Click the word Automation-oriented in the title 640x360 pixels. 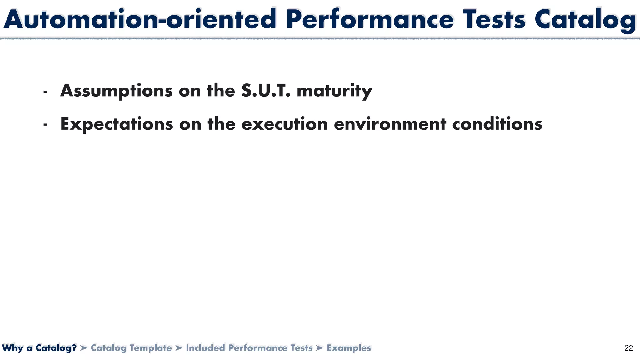click(140, 19)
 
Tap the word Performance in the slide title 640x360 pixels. click(369, 19)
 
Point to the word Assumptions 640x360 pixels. click(116, 91)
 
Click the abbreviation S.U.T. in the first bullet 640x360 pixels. click(266, 91)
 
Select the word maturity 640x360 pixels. click(334, 91)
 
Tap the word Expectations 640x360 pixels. click(117, 124)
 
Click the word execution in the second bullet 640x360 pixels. click(284, 124)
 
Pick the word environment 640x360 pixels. click(390, 124)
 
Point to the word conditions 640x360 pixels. click(497, 124)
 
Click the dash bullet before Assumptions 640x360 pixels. click(46, 92)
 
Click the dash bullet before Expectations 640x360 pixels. click(46, 125)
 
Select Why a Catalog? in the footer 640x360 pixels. click(39, 348)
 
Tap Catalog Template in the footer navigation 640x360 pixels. click(131, 348)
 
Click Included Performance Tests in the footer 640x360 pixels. click(249, 348)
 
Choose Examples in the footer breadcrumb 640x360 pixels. click(349, 348)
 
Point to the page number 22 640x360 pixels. click(628, 348)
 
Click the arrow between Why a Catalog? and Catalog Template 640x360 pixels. click(83, 348)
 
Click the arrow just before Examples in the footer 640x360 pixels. click(319, 348)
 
